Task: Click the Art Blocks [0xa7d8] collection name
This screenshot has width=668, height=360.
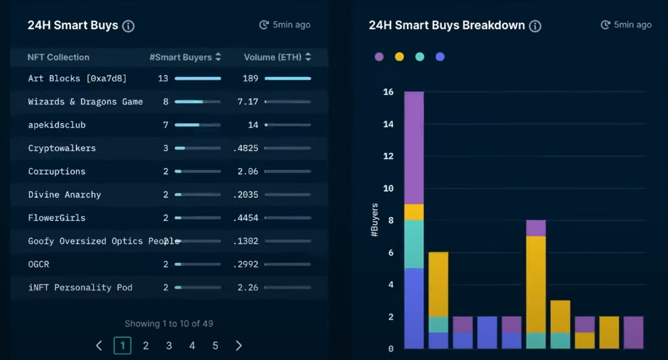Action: tap(77, 79)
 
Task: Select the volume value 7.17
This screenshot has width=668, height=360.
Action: tap(248, 101)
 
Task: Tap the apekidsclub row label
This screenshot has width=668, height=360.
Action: tap(57, 125)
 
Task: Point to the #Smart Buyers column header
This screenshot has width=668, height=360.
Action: tap(181, 58)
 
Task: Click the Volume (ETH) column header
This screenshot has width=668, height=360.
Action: tap(273, 58)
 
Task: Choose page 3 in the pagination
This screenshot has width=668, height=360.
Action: tap(169, 346)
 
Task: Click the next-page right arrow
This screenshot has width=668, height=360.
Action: tap(239, 346)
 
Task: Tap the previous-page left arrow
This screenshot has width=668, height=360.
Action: tap(99, 346)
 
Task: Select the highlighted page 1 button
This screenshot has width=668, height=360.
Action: tap(122, 346)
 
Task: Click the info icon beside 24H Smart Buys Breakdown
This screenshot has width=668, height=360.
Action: tap(536, 26)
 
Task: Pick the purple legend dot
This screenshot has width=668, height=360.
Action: tap(379, 57)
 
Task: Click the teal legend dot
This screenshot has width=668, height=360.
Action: tap(420, 57)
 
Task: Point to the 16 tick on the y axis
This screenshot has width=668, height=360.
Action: tap(388, 92)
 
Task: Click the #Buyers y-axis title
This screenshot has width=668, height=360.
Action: tap(375, 221)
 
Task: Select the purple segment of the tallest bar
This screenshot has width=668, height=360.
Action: tap(414, 148)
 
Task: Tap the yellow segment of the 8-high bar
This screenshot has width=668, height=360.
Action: tap(536, 285)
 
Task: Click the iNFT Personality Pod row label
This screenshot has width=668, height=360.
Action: tap(80, 288)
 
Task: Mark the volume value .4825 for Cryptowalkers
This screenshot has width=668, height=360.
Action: tap(247, 148)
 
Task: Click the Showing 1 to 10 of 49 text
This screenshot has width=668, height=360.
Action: tap(169, 324)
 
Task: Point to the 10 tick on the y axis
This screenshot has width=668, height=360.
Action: tap(388, 189)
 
